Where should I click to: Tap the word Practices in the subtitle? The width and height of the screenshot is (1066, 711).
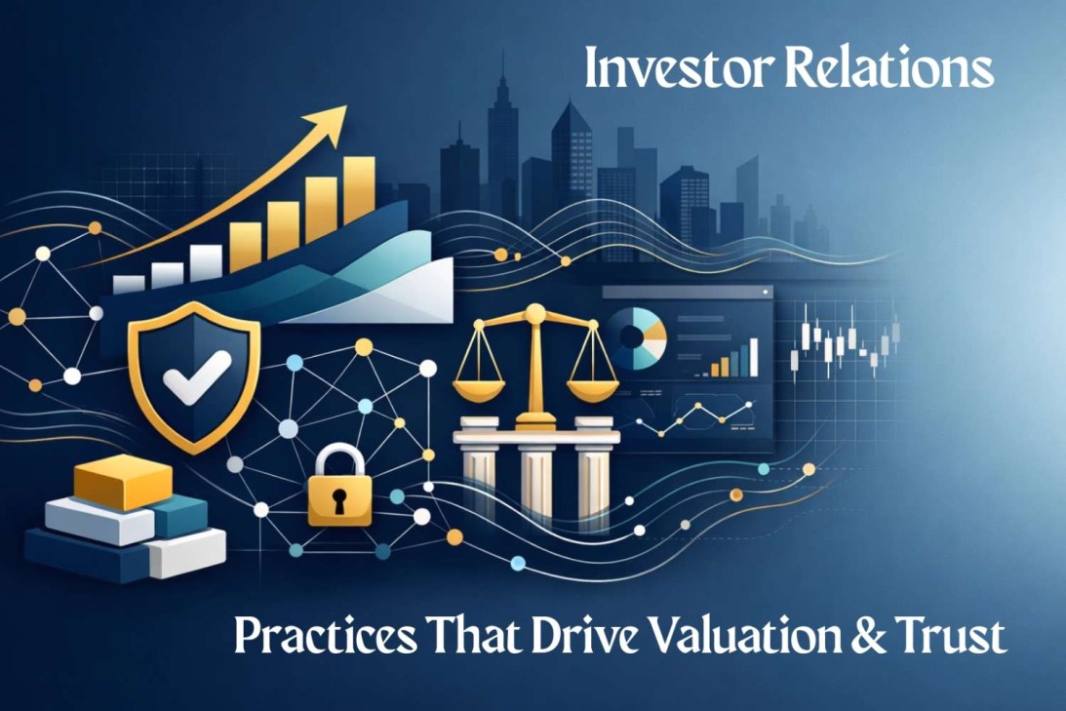tap(316, 637)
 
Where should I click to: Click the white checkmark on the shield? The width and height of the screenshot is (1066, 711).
tap(197, 375)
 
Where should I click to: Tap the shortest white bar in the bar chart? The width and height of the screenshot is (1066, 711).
tap(129, 283)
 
